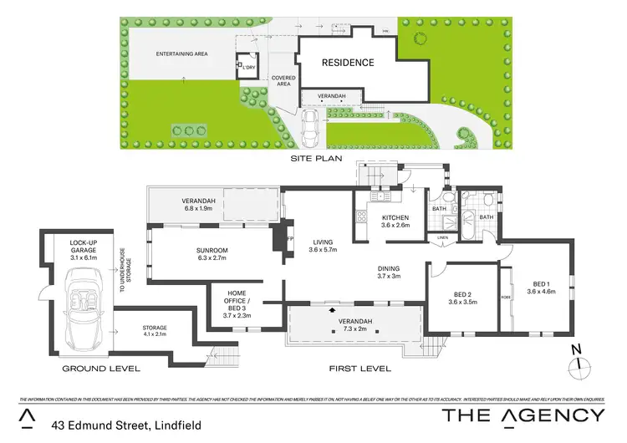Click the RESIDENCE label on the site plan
pyautogui.click(x=348, y=63)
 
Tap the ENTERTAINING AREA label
pyautogui.click(x=181, y=54)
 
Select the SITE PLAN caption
pyautogui.click(x=313, y=158)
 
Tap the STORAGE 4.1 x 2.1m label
pyautogui.click(x=155, y=331)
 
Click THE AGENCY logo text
pyautogui.click(x=522, y=415)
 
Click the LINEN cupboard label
pyautogui.click(x=442, y=237)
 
